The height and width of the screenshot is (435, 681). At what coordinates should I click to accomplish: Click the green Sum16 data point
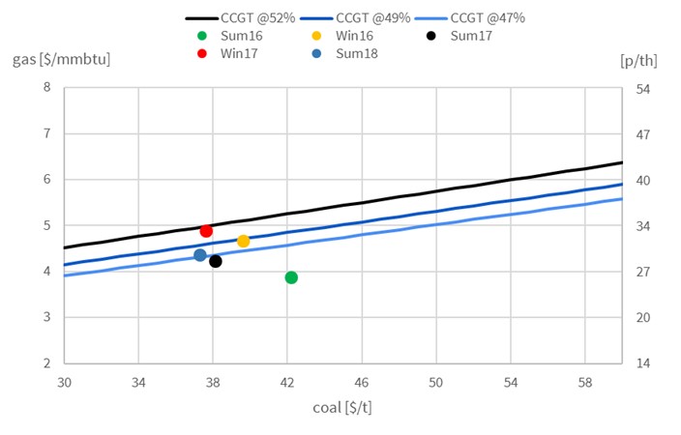[x=291, y=277]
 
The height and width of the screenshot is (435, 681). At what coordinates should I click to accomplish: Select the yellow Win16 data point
[x=244, y=241]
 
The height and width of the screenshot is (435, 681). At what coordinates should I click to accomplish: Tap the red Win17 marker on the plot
[x=206, y=231]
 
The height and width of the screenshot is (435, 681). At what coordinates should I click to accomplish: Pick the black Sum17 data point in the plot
[x=216, y=261]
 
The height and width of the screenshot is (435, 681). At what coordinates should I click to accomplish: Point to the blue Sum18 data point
[x=200, y=255]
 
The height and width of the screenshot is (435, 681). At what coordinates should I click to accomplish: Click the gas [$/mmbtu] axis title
[x=61, y=59]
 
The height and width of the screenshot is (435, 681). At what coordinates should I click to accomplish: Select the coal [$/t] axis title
[x=341, y=406]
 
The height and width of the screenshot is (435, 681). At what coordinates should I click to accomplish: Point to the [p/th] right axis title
[x=637, y=59]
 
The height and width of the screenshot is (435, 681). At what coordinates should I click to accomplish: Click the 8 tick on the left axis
[x=46, y=88]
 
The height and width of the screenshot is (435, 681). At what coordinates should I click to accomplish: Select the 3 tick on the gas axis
[x=46, y=318]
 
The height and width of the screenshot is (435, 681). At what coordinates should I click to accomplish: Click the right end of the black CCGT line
[x=620, y=162]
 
